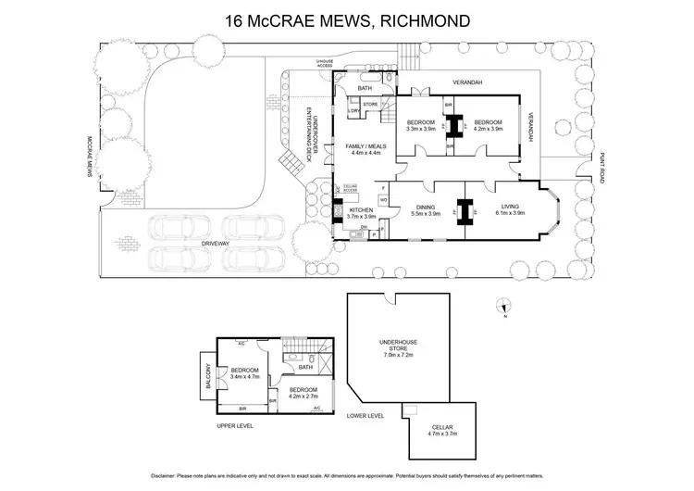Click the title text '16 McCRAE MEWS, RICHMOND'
[x=346, y=19]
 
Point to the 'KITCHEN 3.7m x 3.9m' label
[x=360, y=213]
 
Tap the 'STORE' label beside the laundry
[x=369, y=105]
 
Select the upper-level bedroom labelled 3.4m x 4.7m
[x=245, y=374]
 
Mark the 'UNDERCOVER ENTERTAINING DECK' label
[x=315, y=135]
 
